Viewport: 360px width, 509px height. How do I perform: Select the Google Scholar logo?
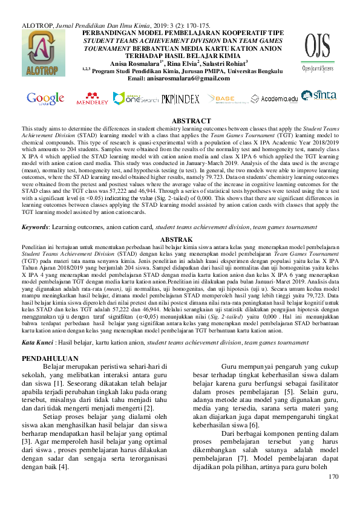click(45, 98)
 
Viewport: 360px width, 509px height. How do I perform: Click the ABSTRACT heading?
click(191, 122)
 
